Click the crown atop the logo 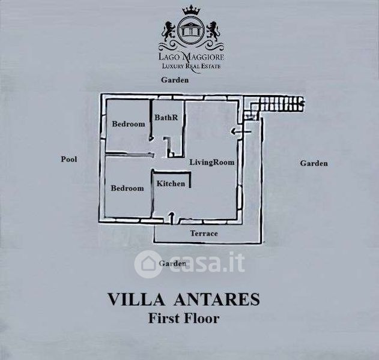click(192, 11)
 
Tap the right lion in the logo click(214, 31)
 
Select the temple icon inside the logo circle click(191, 29)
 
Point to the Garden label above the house click(175, 80)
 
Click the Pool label click(69, 159)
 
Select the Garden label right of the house click(314, 163)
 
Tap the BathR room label click(166, 118)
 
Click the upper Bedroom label click(129, 124)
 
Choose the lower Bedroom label click(127, 188)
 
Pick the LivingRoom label click(212, 162)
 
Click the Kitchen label click(171, 184)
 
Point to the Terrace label click(204, 233)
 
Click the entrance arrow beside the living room click(241, 132)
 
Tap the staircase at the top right click(274, 106)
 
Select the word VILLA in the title click(136, 299)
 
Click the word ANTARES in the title click(217, 299)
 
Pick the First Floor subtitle click(184, 318)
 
